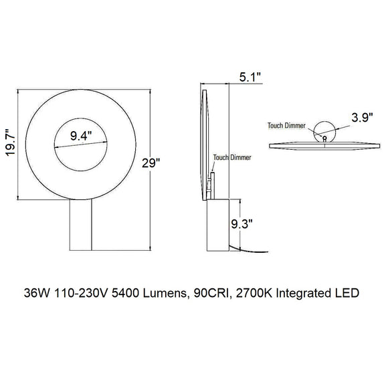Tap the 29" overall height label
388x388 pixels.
click(x=152, y=163)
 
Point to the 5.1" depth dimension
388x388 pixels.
click(x=251, y=78)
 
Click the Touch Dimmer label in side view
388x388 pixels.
click(x=229, y=158)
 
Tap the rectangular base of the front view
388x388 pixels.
click(x=82, y=225)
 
